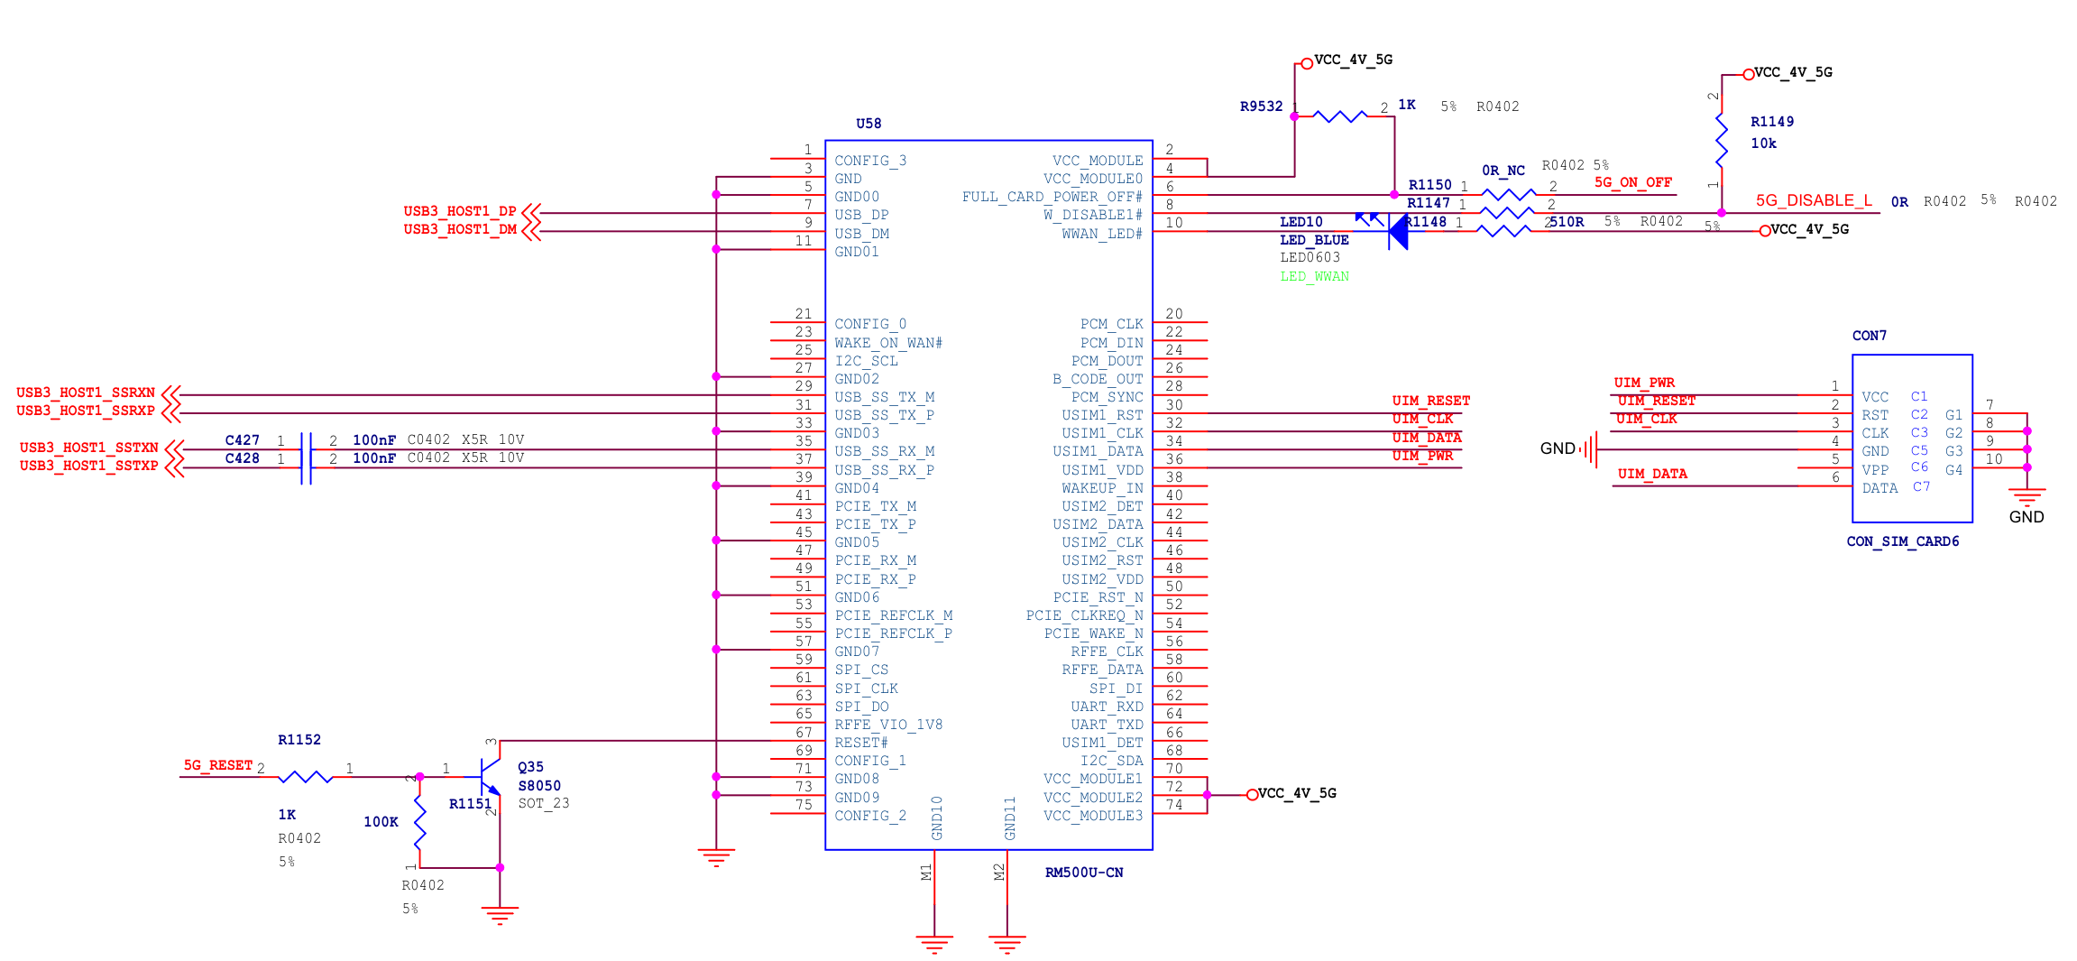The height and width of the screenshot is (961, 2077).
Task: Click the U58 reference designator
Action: (868, 124)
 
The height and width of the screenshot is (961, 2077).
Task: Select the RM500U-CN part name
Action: (1083, 873)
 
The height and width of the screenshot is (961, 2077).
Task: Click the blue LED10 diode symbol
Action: (1397, 232)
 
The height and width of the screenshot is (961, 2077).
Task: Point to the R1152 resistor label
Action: (299, 740)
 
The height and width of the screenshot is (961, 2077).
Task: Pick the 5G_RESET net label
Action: (217, 765)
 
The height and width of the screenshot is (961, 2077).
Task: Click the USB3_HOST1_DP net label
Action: (459, 211)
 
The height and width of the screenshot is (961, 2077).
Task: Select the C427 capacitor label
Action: (242, 440)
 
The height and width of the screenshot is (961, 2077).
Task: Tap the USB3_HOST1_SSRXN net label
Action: (85, 393)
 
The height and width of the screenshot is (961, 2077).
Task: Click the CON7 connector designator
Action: (1869, 336)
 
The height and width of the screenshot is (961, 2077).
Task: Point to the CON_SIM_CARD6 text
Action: (1902, 541)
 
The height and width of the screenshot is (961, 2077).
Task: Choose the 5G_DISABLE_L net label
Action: (1813, 200)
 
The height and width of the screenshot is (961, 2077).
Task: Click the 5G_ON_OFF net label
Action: (1632, 182)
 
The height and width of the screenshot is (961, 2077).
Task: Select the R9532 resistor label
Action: (1260, 106)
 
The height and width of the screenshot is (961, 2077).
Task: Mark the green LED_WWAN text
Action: (1314, 277)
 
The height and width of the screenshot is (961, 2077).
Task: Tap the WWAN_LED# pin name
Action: (1101, 234)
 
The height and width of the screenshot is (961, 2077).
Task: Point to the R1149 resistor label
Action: (1771, 122)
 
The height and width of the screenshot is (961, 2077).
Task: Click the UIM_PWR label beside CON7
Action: (1643, 383)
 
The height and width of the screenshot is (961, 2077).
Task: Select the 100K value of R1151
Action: (381, 822)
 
